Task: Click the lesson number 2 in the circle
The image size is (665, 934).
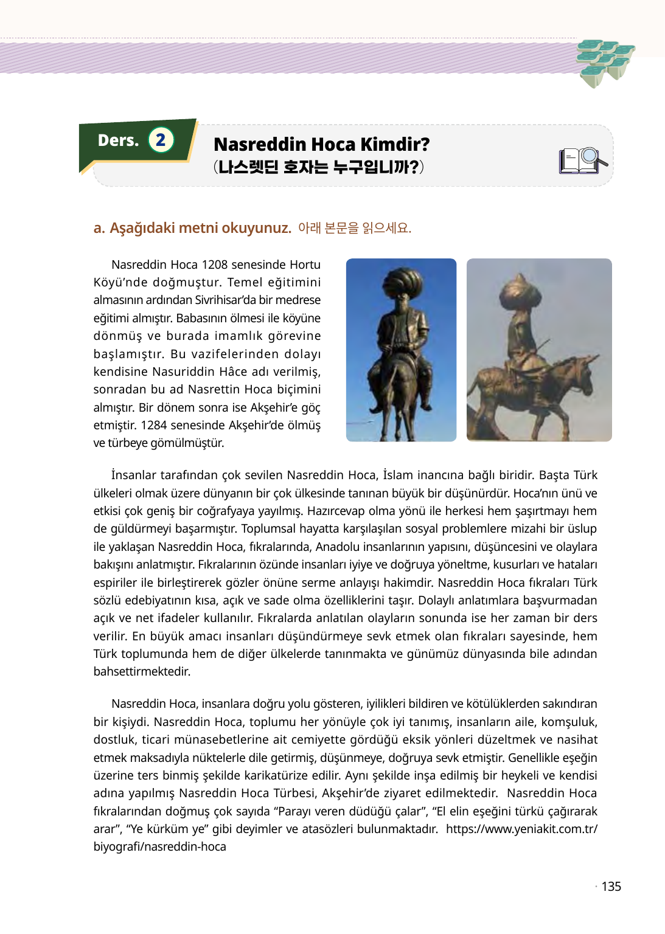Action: coord(161,140)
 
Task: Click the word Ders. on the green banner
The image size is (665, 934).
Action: coord(119,140)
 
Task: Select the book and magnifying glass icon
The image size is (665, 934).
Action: coord(582,161)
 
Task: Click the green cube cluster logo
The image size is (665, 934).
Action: coord(604,61)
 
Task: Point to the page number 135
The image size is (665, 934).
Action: coord(611,887)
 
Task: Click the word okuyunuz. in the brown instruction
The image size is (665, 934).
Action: coord(256,228)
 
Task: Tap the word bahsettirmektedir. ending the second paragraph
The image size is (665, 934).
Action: coord(142,671)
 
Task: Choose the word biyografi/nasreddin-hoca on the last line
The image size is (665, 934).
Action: coord(159,846)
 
